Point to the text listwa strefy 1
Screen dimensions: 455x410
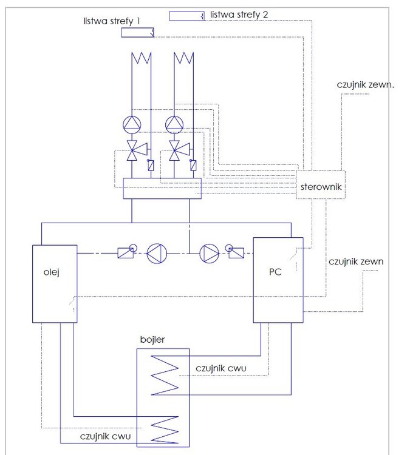coord(112,20)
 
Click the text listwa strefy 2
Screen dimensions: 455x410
coord(239,13)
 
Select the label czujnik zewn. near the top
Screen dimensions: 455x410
coord(366,85)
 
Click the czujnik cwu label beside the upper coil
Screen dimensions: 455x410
coord(220,368)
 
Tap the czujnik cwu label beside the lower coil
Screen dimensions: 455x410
coord(106,436)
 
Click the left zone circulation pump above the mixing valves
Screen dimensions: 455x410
coord(132,124)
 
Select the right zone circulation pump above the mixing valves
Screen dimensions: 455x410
coord(174,124)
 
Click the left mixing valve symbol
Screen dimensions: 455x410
coord(132,150)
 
